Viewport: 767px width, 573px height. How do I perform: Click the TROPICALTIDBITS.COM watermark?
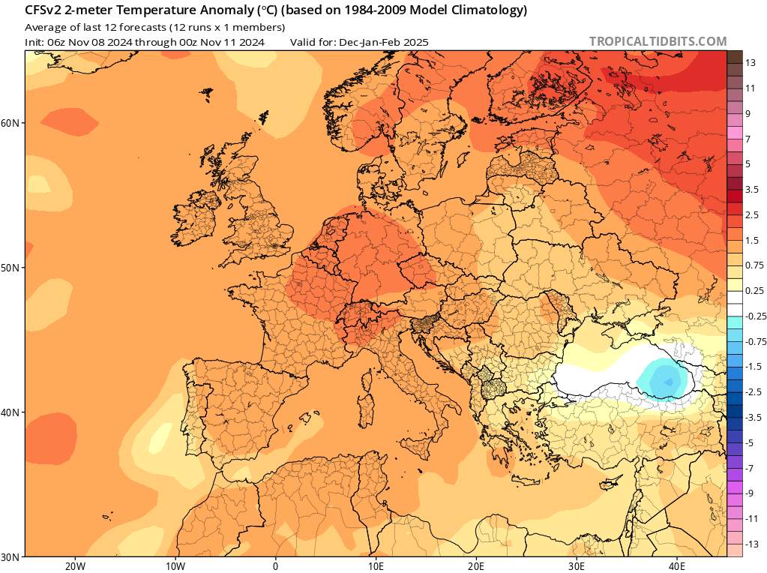658,41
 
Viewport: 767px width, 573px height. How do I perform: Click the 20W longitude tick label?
74,565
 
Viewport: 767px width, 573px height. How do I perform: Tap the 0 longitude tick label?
275,565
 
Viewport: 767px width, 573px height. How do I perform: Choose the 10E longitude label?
376,565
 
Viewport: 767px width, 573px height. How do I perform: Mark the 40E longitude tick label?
677,565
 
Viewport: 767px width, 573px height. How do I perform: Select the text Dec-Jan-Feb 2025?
383,43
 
